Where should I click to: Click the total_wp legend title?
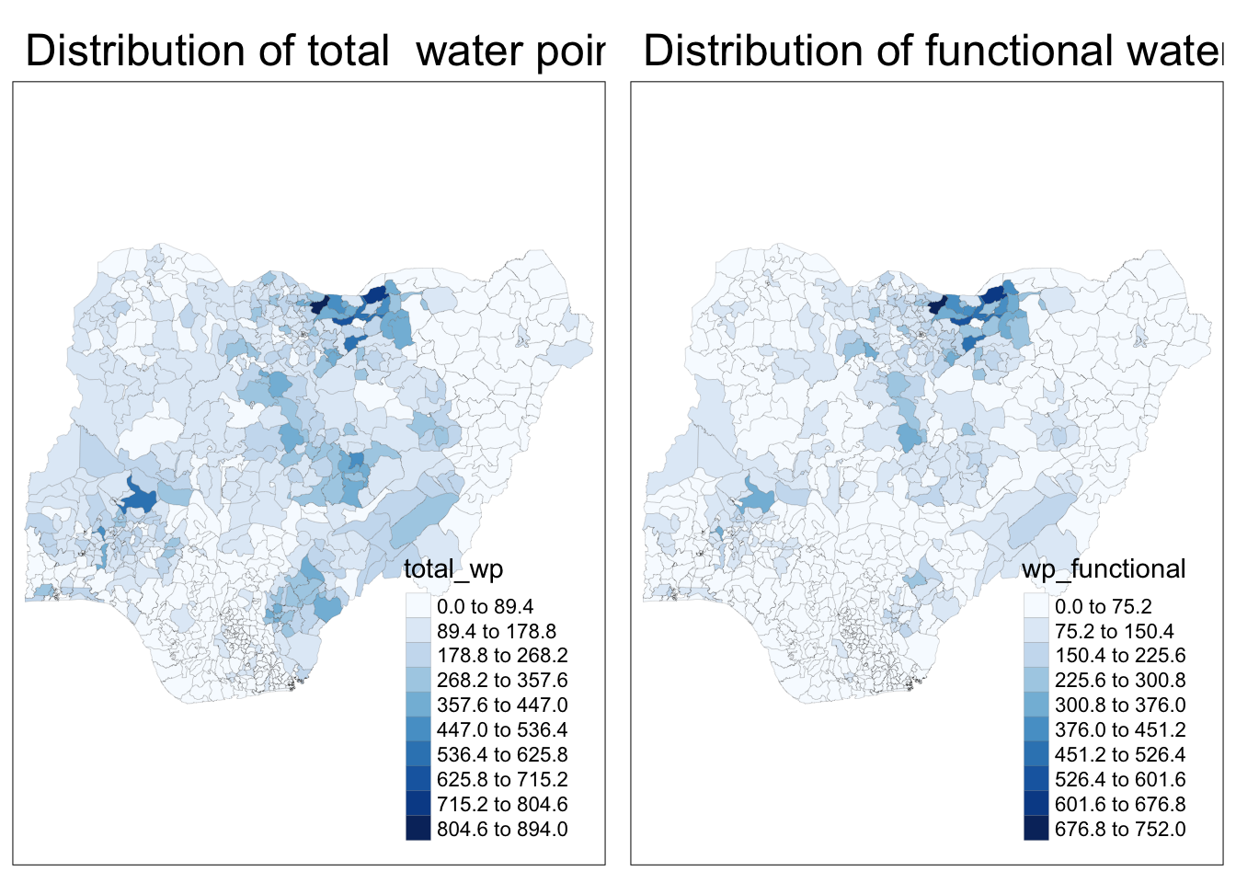[x=453, y=569]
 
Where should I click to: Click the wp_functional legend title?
[x=1104, y=569]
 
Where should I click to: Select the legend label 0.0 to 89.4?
[x=485, y=607]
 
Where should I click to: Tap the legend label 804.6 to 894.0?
[x=502, y=830]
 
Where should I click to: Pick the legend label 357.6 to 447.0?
[x=502, y=705]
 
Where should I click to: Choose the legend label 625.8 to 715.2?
[x=502, y=780]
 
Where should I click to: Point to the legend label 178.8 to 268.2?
[x=502, y=656]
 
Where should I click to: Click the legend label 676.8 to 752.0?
[x=1120, y=830]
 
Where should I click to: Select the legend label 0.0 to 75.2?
[x=1103, y=607]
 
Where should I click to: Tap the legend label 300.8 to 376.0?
[x=1120, y=705]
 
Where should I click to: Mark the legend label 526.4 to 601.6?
[x=1120, y=780]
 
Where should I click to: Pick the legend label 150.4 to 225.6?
[x=1120, y=656]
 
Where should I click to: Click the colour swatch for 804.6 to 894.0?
[x=418, y=829]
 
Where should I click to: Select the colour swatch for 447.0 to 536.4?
[x=418, y=729]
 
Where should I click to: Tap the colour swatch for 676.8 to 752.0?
[x=1036, y=829]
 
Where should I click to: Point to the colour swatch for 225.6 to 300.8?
[x=1036, y=680]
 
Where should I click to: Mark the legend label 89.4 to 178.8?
[x=497, y=631]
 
